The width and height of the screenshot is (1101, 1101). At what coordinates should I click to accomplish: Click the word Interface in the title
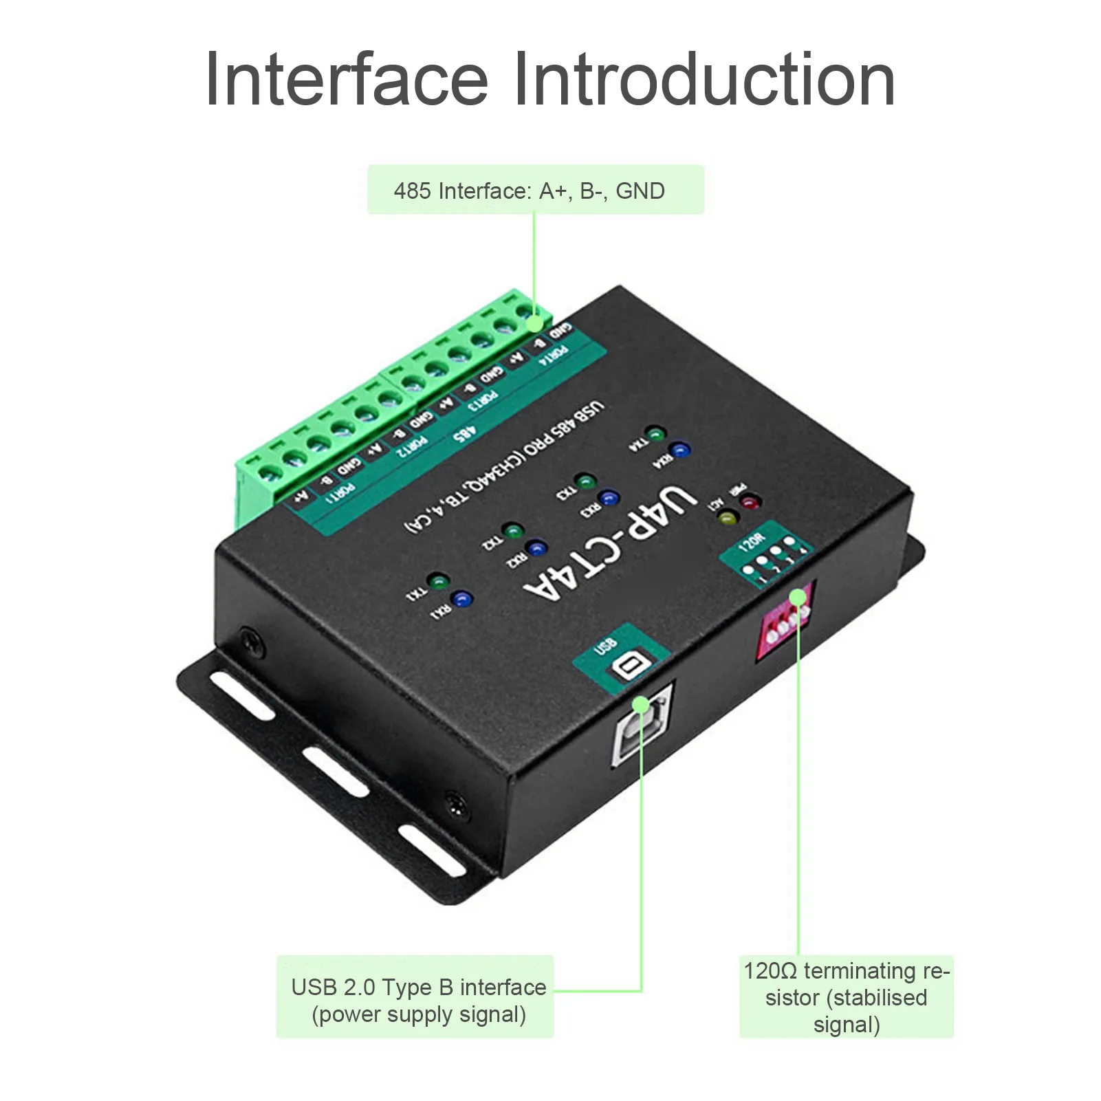346,80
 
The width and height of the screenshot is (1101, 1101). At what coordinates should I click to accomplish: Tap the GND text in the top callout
640,190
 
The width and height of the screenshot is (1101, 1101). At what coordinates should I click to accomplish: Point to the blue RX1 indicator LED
462,599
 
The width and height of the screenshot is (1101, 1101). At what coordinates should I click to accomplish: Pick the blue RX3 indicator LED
608,497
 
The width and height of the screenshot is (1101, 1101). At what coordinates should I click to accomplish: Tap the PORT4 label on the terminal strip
554,354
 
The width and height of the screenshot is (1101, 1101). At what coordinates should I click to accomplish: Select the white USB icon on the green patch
629,666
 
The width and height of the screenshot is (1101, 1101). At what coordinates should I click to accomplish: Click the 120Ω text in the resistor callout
770,971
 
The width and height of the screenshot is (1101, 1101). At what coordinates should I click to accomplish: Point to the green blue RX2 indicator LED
536,549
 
